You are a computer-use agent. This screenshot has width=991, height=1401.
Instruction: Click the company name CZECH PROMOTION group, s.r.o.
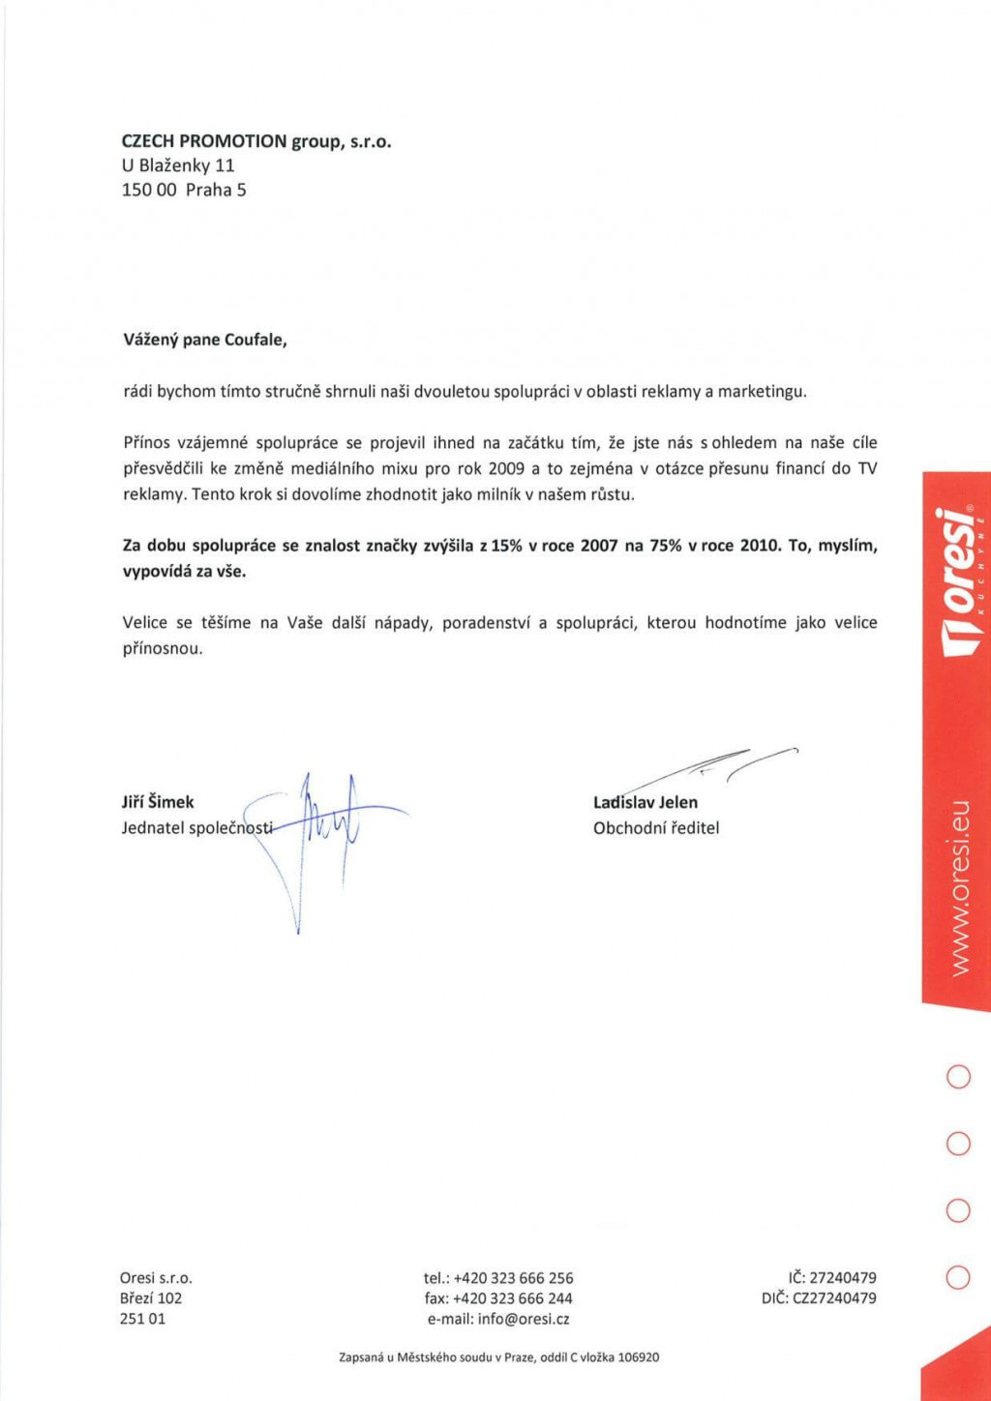tap(255, 141)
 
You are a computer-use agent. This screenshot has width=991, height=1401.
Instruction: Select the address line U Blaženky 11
tap(178, 165)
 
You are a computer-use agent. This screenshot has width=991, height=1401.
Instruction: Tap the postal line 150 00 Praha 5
tap(184, 190)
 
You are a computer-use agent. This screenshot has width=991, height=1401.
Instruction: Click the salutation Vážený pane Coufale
tap(205, 340)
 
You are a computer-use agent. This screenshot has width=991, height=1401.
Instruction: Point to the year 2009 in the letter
tap(506, 468)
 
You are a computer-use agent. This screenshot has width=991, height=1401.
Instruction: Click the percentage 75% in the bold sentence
tap(665, 545)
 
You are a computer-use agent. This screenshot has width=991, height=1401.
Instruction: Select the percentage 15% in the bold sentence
tap(506, 545)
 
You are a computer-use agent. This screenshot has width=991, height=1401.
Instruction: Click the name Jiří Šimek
tap(158, 802)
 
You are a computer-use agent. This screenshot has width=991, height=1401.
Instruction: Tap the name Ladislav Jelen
tap(646, 802)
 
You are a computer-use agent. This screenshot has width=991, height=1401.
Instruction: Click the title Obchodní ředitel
tap(656, 828)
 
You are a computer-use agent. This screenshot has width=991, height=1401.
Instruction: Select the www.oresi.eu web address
tap(958, 887)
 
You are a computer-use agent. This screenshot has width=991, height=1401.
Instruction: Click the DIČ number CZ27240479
tap(834, 1298)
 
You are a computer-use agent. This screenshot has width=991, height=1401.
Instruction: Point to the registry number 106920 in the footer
tap(638, 1357)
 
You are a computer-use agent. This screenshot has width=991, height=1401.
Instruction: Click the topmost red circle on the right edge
tap(957, 1077)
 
